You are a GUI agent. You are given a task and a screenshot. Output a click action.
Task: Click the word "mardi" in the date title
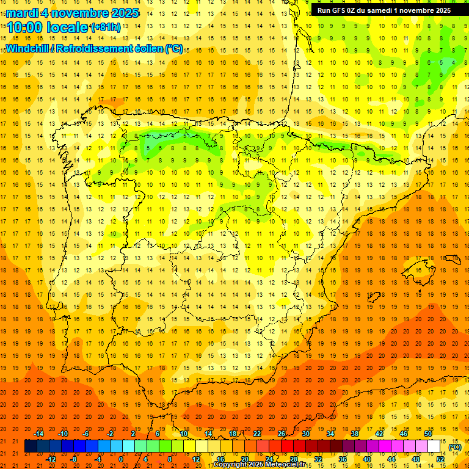[x=22, y=13]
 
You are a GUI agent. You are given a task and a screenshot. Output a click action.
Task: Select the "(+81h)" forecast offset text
[x=105, y=27]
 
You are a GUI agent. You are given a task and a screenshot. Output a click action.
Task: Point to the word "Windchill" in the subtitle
[x=27, y=48]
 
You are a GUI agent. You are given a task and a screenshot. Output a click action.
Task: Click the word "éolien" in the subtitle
[x=145, y=48]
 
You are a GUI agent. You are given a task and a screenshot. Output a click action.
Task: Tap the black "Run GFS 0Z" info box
[x=384, y=10]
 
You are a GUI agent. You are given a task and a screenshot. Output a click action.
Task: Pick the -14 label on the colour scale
[x=39, y=433]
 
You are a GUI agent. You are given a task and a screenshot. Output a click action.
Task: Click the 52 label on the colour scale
[x=440, y=459]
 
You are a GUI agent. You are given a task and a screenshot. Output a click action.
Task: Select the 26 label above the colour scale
[x=281, y=433]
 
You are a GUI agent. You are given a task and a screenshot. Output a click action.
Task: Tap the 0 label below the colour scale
[x=121, y=459]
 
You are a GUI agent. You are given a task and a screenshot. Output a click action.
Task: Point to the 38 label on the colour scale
[x=354, y=433]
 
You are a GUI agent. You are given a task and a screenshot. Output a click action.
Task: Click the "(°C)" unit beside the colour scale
[x=455, y=447]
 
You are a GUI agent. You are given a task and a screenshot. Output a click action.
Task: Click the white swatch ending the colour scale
[x=434, y=446]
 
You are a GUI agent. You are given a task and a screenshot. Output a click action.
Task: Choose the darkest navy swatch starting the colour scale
[x=31, y=446]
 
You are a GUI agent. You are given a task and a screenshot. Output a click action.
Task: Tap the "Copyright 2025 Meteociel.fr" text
[x=259, y=465]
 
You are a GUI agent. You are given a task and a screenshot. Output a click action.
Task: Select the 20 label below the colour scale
[x=244, y=459]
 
